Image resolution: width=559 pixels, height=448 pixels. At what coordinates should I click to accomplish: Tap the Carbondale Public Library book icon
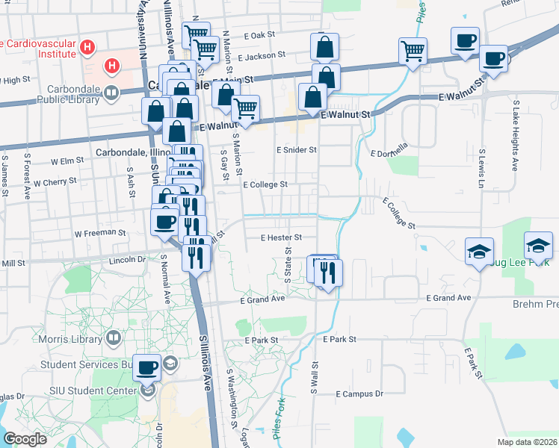111,93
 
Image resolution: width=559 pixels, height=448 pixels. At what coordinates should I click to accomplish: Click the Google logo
25,439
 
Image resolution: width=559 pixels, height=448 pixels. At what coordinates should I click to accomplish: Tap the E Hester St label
280,237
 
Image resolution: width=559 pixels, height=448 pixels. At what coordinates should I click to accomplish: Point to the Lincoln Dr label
126,260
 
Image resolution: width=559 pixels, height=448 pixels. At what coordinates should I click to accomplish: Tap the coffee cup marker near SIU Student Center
148,367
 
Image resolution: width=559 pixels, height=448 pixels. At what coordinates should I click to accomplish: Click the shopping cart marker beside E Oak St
196,34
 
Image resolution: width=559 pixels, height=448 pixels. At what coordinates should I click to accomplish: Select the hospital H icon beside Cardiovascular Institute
88,49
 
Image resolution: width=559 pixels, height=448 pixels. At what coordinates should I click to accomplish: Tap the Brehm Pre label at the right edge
535,304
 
